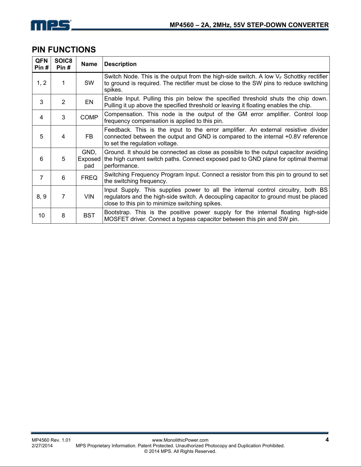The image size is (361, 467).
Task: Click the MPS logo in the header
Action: tap(51, 25)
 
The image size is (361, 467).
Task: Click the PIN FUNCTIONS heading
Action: tap(64, 49)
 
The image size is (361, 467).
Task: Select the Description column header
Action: tap(120, 64)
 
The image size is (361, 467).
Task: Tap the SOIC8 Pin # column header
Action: tap(63, 64)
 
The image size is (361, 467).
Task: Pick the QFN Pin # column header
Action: tap(42, 64)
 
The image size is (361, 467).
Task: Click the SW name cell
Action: tap(89, 83)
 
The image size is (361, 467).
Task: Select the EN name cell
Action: tap(89, 102)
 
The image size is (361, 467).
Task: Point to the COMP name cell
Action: tap(89, 117)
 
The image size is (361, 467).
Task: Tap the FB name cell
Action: tap(89, 136)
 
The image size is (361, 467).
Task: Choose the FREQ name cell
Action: tap(89, 178)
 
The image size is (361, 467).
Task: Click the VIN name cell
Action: tap(89, 197)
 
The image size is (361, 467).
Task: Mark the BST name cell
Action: tap(89, 215)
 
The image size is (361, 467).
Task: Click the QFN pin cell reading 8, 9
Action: tap(42, 197)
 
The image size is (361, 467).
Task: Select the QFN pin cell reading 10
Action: tap(42, 215)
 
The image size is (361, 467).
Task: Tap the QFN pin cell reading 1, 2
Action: tap(42, 83)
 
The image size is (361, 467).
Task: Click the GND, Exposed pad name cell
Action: tap(89, 159)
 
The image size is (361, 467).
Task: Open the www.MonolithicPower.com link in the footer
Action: tap(180, 440)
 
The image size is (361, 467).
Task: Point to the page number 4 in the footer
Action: tap(327, 440)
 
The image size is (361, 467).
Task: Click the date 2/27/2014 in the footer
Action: tap(42, 446)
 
